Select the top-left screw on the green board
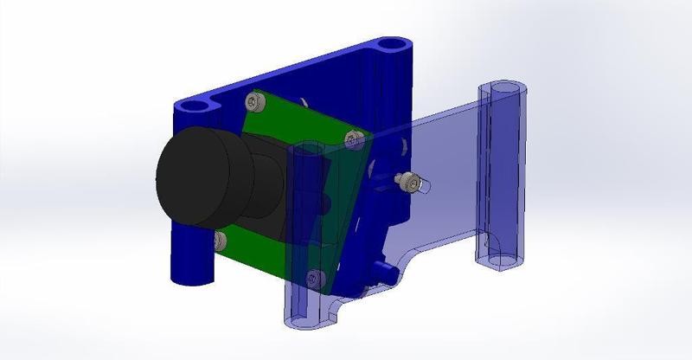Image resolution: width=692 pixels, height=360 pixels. point(252,101)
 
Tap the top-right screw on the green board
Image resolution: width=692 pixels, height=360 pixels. point(349,137)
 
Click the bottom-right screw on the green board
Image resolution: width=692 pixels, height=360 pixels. point(315,277)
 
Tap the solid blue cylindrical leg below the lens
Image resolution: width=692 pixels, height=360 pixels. point(189,260)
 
